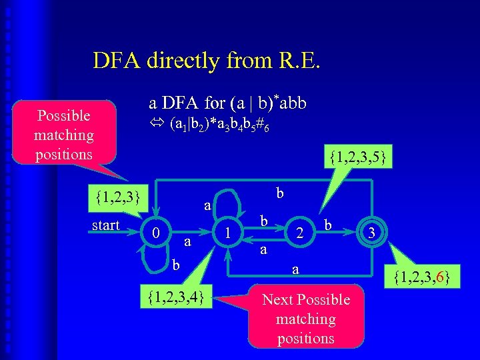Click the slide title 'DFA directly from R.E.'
click(207, 61)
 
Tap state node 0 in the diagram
click(155, 233)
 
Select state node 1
click(229, 233)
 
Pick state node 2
click(301, 233)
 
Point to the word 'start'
click(106, 225)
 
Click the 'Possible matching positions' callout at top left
click(64, 135)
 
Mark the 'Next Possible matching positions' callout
click(306, 319)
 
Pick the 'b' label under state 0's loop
click(176, 266)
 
